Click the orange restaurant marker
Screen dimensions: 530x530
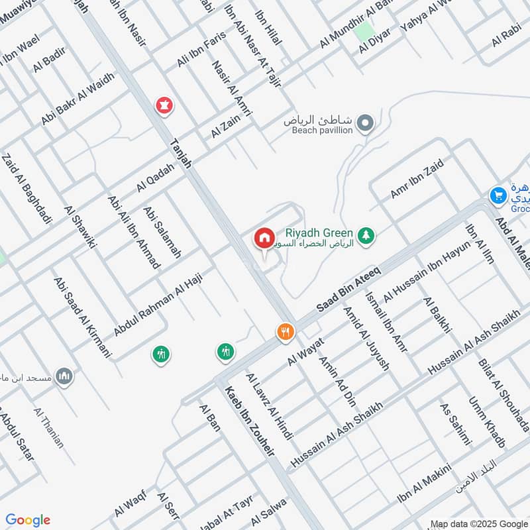pos(285,332)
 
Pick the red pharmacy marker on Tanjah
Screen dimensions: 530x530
pos(164,105)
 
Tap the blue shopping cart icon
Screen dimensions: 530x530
pos(498,195)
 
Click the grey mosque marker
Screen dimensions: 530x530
pos(64,376)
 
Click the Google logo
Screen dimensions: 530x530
pos(28,520)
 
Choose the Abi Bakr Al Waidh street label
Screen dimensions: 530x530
pos(78,98)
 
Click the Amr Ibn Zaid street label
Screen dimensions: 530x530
pos(416,179)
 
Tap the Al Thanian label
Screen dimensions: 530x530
pos(50,428)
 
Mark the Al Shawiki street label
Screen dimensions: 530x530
pos(80,227)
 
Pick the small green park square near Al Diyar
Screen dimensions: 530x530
pos(363,31)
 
